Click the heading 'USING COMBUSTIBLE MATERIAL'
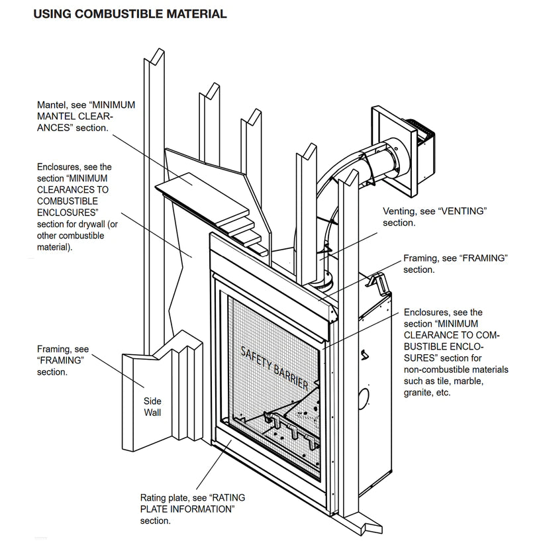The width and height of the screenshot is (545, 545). click(x=130, y=14)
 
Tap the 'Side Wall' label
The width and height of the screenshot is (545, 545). click(x=152, y=407)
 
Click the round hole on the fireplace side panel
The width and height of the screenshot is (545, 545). click(x=364, y=399)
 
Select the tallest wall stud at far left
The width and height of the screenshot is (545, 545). click(x=154, y=199)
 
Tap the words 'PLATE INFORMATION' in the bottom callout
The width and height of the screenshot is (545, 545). click(x=187, y=509)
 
